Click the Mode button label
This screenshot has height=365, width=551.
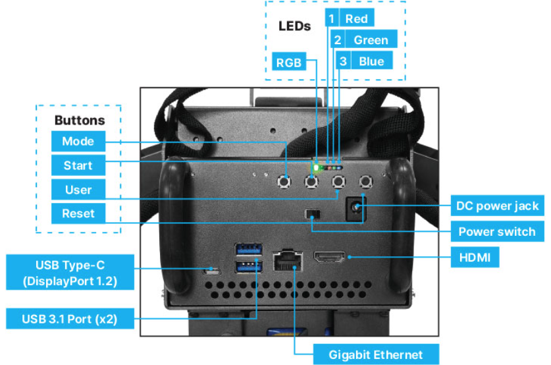78,141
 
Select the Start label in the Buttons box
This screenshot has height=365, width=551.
78,165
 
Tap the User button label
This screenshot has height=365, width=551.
78,190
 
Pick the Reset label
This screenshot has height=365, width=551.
78,213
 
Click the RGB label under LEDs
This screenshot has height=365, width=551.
288,63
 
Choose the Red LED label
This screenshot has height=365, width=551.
356,19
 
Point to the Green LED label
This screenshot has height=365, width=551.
371,40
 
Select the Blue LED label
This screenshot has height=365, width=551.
371,62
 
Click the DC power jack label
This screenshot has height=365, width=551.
498,206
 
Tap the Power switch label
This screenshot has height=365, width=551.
498,232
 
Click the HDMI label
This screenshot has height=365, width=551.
475,257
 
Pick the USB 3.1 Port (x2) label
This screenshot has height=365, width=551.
69,320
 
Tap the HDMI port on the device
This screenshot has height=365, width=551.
332,258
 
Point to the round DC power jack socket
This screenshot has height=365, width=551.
357,208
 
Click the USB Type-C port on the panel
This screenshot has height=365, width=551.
212,269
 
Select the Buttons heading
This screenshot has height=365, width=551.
79,121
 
